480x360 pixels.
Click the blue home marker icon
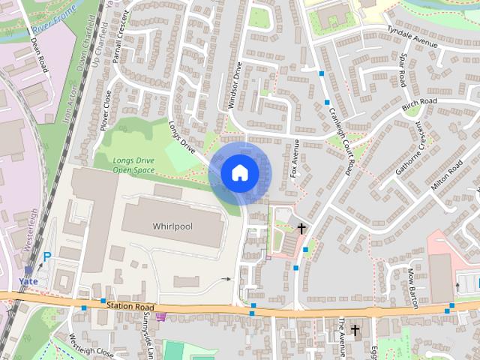point(239,172)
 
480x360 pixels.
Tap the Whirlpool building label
point(173,226)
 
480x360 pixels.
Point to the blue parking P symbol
point(47,257)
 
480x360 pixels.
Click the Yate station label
point(28,282)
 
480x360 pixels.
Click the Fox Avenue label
point(295,158)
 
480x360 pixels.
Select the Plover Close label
point(106,109)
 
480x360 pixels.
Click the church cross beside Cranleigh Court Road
point(301,227)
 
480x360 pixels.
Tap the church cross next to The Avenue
point(355,330)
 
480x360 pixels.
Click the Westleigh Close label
point(91,346)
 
